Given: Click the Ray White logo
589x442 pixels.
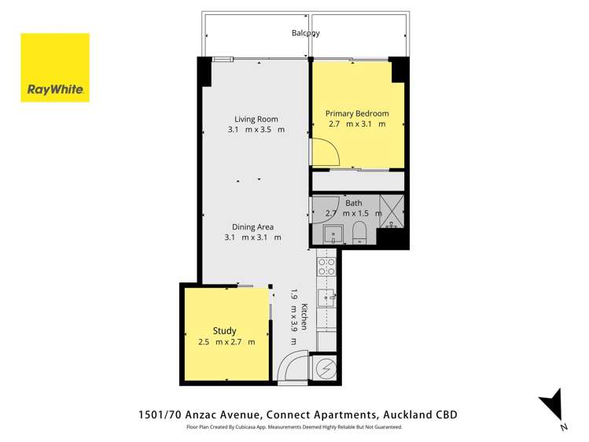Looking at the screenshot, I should point(55,68).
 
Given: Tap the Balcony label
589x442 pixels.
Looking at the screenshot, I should point(306,33).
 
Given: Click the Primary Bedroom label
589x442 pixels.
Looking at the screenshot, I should point(357,113).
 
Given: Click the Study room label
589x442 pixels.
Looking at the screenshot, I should point(224,331).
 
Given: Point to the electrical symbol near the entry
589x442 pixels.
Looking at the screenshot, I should point(325,367).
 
